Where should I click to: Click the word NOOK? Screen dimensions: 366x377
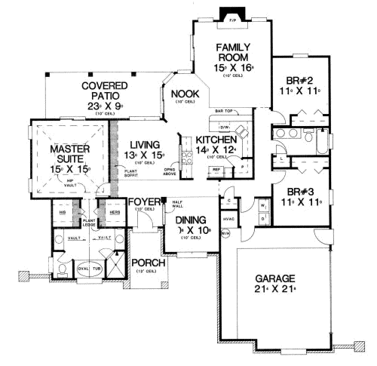pos(183,94)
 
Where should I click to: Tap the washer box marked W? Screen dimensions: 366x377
pos(262,205)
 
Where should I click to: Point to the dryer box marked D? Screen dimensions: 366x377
pos(262,219)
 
